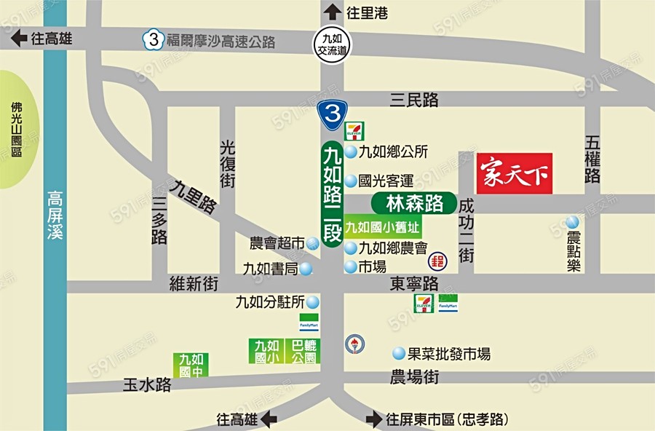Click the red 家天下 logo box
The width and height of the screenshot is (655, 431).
[515, 173]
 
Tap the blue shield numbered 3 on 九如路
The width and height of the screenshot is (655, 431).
[331, 113]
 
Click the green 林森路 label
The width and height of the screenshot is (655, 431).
[413, 203]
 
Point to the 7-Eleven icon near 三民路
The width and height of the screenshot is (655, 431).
[354, 132]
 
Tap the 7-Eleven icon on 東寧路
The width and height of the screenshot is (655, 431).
[424, 304]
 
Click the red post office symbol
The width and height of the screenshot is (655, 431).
[438, 260]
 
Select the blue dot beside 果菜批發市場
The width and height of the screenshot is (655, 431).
[399, 354]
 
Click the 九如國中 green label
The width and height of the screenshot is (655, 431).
[191, 364]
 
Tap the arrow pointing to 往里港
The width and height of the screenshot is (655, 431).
[332, 12]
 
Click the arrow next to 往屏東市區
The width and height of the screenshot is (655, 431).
[374, 419]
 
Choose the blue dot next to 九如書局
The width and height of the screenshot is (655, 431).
[306, 269]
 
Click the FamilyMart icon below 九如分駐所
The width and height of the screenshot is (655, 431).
[309, 322]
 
